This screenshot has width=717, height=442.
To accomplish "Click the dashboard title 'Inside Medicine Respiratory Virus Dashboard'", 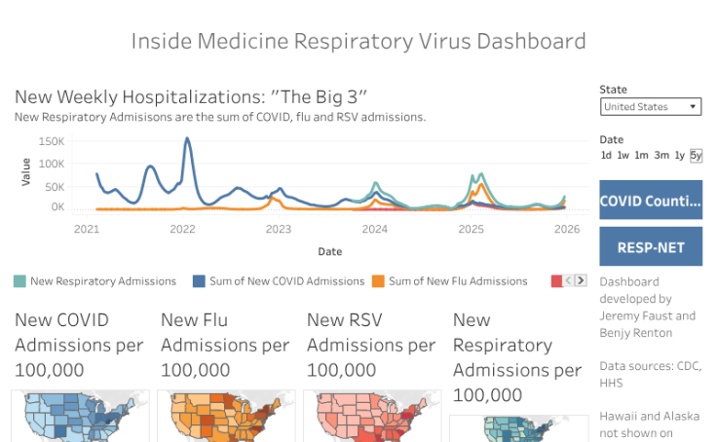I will click(x=358, y=41).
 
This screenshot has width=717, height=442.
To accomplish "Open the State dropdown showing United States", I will click(x=650, y=107).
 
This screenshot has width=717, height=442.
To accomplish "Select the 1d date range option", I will click(x=606, y=156).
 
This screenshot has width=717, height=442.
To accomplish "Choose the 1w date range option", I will click(x=623, y=156).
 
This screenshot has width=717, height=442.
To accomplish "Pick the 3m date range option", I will click(x=661, y=156).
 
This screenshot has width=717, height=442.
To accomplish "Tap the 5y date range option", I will click(x=696, y=156).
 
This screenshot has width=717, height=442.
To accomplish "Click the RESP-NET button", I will click(x=650, y=247).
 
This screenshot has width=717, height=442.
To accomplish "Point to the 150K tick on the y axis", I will click(x=52, y=141).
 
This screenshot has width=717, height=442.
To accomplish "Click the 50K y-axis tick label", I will click(x=55, y=186).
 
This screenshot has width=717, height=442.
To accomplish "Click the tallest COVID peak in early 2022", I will click(x=186, y=139).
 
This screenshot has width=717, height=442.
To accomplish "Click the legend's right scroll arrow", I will click(x=582, y=280).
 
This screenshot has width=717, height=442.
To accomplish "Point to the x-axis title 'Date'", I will click(x=329, y=251).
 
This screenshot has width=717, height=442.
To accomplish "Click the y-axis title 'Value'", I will click(x=26, y=172).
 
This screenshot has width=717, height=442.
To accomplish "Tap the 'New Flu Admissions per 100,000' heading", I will click(x=225, y=345).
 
